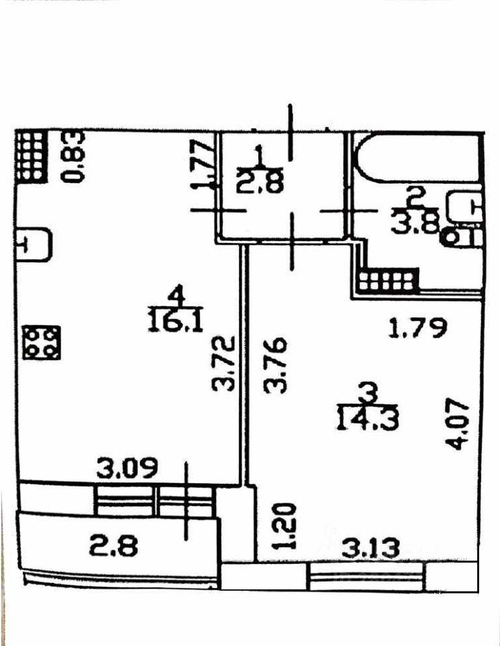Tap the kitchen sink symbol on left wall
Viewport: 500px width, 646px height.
34,246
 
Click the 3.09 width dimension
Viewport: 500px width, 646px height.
127,468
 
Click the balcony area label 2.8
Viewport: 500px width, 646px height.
114,546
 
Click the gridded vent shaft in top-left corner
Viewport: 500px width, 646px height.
30,156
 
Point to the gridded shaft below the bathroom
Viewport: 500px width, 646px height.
388,281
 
